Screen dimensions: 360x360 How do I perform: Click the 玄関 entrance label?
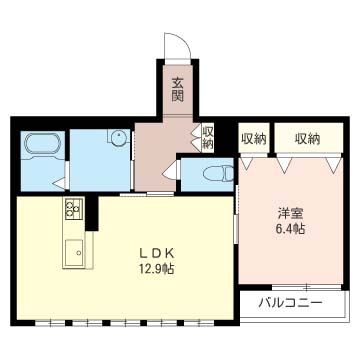pyautogui.click(x=178, y=89)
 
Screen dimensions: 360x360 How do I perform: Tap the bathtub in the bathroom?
pyautogui.click(x=41, y=144)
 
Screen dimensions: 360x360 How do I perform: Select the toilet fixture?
pyautogui.click(x=218, y=173)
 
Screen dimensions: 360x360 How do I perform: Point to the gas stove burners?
pyautogui.click(x=74, y=208)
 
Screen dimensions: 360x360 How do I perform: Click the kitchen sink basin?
pyautogui.click(x=75, y=252)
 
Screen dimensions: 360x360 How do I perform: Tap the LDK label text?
pyautogui.click(x=156, y=254)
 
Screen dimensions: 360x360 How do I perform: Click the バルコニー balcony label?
pyautogui.click(x=291, y=303)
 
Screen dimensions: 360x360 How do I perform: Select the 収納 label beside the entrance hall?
pyautogui.click(x=209, y=136)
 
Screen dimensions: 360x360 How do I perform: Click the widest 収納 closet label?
pyautogui.click(x=307, y=138)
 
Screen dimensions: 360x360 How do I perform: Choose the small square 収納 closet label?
pyautogui.click(x=255, y=138)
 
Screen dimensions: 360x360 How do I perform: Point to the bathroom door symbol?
pyautogui.click(x=61, y=183)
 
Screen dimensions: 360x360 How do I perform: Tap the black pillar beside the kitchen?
pyautogui.click(x=92, y=213)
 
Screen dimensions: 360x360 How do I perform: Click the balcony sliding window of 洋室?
pyautogui.click(x=306, y=287)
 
